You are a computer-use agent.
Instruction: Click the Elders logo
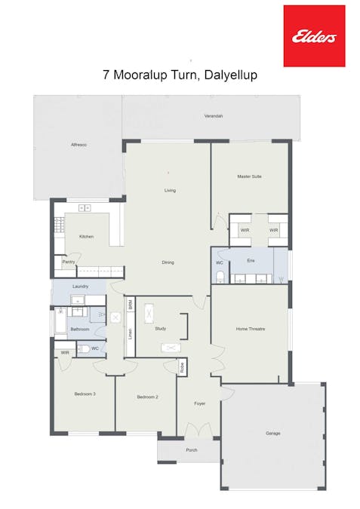[314, 35]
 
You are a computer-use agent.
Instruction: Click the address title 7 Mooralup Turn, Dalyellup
[180, 75]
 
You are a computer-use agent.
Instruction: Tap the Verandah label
[214, 116]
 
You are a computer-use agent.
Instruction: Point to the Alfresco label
[78, 144]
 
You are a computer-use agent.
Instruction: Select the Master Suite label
[249, 176]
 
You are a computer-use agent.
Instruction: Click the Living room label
[170, 190]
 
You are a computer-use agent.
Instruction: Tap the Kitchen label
[86, 237]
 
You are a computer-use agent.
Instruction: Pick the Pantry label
[68, 262]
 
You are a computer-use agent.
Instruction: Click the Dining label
[168, 262]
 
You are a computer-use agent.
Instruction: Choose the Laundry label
[81, 287]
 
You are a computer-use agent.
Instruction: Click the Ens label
[251, 260]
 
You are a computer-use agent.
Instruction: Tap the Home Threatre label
[251, 329]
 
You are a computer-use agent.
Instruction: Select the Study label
[160, 329]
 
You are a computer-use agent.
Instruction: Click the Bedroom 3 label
[85, 394]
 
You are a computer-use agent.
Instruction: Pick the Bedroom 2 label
[147, 397]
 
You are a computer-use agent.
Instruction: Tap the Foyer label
[199, 404]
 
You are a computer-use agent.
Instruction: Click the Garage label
[272, 434]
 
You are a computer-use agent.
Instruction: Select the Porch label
[192, 449]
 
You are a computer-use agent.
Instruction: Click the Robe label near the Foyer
[182, 368]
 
